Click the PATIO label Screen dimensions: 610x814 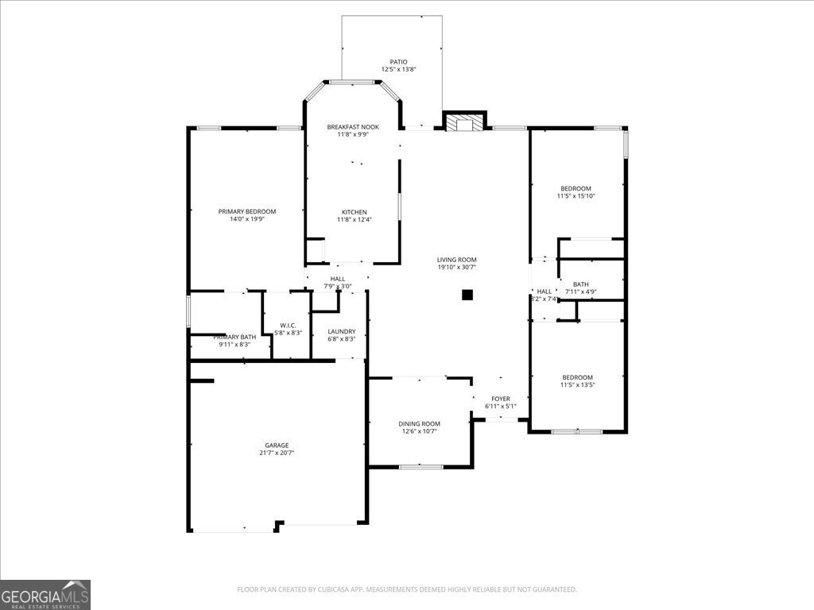pos(398,61)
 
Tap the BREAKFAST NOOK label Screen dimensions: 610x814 pos(353,127)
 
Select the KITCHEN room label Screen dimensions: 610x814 pos(354,212)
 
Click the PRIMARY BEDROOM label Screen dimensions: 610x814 pos(247,211)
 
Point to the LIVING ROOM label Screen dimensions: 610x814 pos(456,260)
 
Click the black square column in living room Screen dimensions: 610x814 pos(467,295)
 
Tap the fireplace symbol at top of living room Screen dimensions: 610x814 pos(463,123)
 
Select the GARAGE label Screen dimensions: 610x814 pos(277,446)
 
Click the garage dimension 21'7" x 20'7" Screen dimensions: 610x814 pos(277,453)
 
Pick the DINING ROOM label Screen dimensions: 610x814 pos(419,424)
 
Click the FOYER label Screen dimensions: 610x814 pos(501,399)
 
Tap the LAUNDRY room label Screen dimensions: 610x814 pos(342,332)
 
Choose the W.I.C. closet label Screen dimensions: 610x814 pos(288,324)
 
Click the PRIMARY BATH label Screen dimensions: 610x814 pos(235,337)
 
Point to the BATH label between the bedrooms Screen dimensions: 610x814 pos(581,284)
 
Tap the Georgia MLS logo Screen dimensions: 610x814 pos(45,594)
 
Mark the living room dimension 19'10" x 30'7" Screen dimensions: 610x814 pos(456,267)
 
